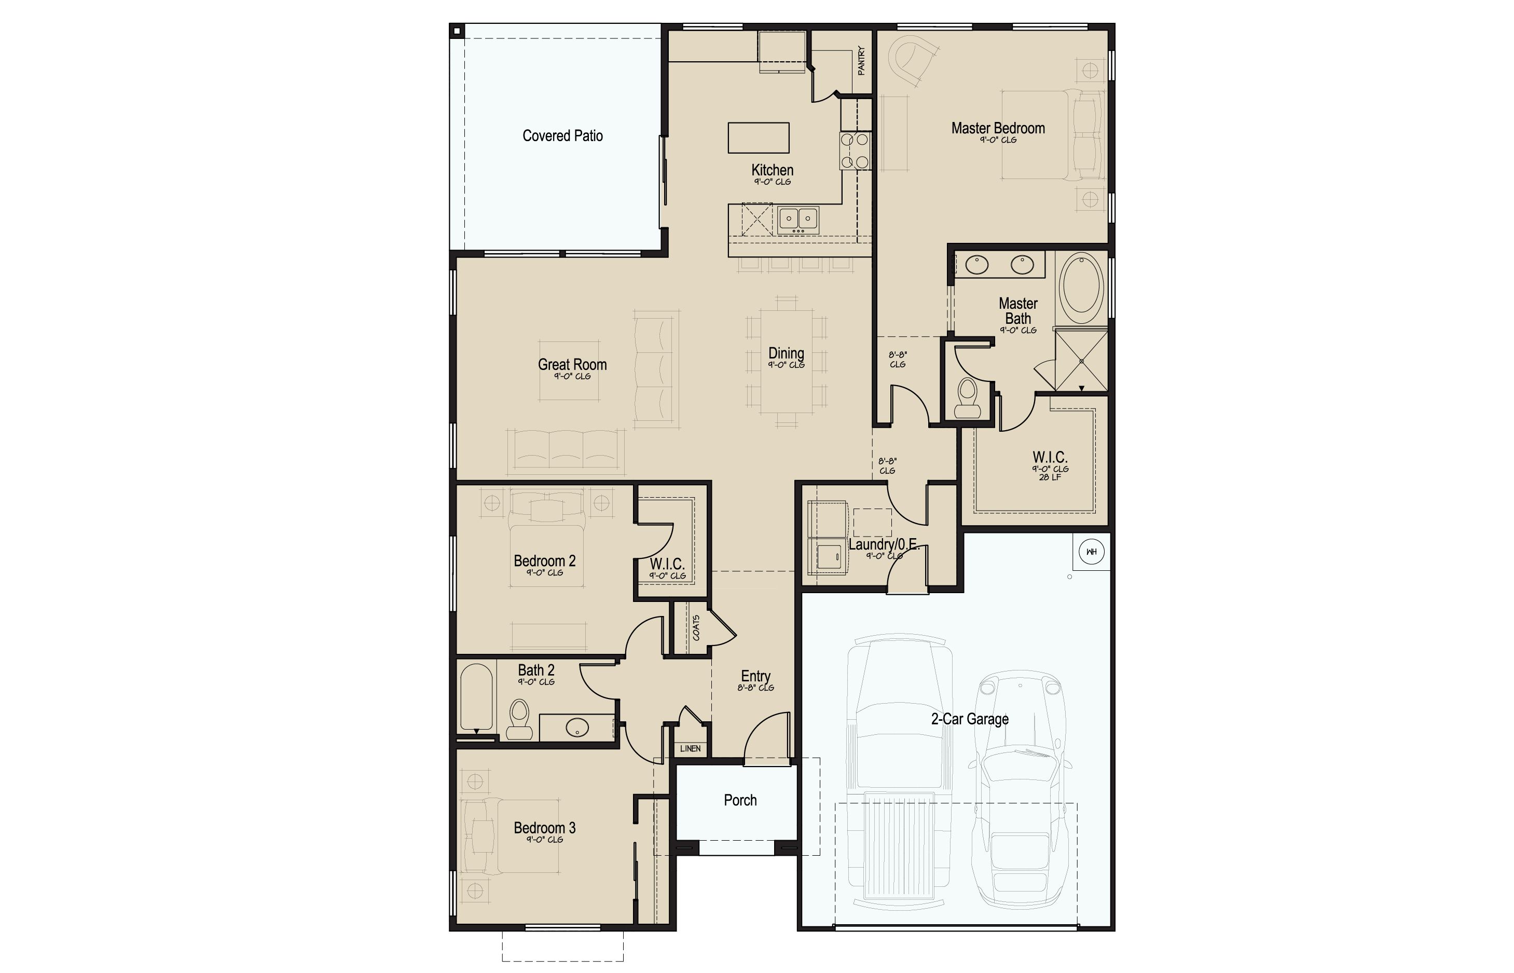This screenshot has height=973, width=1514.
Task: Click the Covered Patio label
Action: click(x=562, y=136)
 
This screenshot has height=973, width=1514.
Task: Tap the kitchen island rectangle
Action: click(x=758, y=138)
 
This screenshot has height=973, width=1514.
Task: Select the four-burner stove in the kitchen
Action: click(x=855, y=151)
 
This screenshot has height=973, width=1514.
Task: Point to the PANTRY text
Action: click(x=861, y=61)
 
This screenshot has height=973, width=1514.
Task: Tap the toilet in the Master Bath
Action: click(x=967, y=398)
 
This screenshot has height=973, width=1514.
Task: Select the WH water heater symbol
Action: click(x=1091, y=552)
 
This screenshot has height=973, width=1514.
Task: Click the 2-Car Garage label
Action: click(x=970, y=719)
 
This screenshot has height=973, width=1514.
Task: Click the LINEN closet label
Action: click(x=691, y=749)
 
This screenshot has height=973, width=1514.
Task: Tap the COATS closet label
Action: click(x=696, y=627)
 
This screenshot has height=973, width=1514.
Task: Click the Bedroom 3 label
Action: click(x=544, y=828)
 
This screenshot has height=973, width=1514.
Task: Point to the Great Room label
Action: click(x=572, y=365)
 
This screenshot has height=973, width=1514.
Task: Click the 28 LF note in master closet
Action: click(x=1050, y=477)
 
